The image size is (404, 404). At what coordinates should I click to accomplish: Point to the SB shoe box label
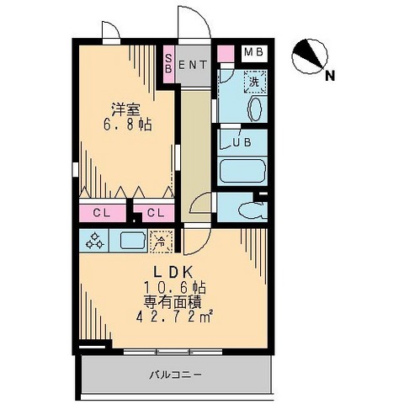168,64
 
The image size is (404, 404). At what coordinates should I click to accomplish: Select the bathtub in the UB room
242,170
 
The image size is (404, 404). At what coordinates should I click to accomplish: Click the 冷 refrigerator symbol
161,241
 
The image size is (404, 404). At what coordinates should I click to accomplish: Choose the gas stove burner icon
95,241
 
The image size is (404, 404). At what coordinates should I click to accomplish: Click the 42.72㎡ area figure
175,316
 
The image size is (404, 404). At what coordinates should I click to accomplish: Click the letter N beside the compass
331,75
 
